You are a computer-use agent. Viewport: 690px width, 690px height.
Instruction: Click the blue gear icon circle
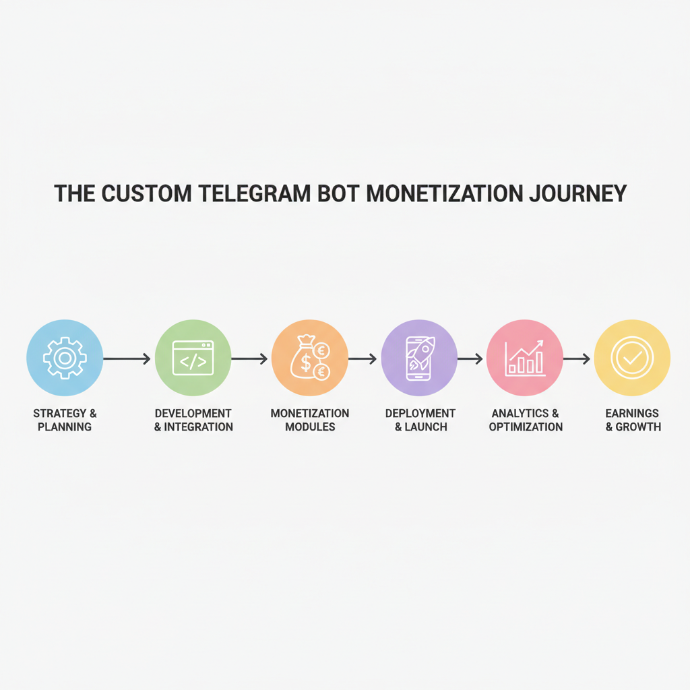point(65,358)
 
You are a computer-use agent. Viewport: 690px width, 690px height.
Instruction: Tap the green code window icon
point(193,358)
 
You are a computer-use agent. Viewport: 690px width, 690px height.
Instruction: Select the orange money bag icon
point(310,358)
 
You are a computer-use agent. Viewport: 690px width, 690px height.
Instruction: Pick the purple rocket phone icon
point(419,358)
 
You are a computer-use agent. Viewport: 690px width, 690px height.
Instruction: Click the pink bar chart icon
point(524,358)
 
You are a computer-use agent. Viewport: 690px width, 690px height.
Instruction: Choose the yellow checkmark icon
point(632,358)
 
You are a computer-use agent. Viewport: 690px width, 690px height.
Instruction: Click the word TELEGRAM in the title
point(257,193)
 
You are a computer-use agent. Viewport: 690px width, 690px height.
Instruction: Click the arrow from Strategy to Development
point(127,359)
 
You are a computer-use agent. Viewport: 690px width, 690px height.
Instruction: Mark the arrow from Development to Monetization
point(250,359)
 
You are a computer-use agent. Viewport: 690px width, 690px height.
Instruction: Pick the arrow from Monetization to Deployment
point(363,359)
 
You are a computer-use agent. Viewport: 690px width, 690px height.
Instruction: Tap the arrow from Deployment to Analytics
point(471,359)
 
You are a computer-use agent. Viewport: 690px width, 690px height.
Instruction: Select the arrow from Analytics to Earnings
point(577,359)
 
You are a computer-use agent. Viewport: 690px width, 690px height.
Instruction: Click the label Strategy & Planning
point(65,420)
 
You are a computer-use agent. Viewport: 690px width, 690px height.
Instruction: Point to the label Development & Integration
point(193,420)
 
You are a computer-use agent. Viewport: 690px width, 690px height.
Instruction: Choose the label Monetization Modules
point(310,420)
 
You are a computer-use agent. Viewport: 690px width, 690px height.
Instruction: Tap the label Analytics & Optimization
point(526,420)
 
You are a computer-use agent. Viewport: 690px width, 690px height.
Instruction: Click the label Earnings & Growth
point(633,420)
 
